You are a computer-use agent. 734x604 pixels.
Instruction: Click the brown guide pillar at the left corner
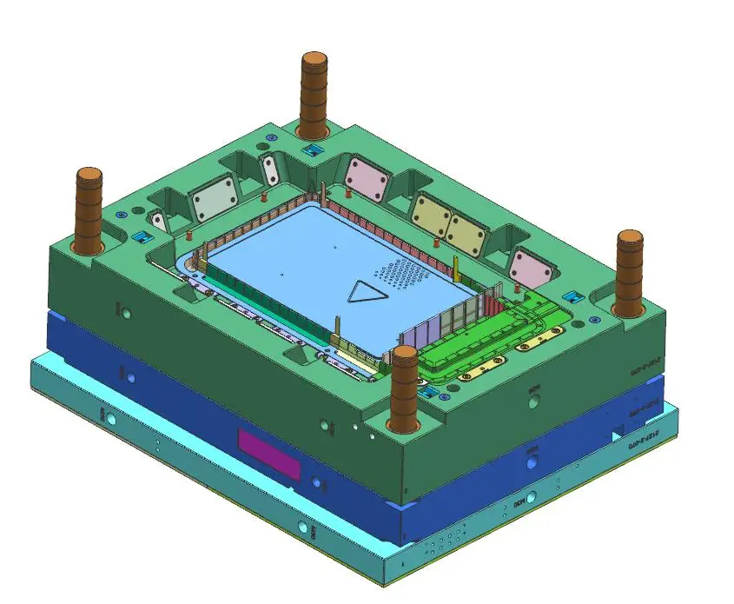pyautogui.click(x=89, y=209)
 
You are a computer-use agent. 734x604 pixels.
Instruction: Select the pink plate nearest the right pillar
pyautogui.click(x=531, y=265)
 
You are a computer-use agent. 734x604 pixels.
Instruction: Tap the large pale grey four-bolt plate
pyautogui.click(x=213, y=200)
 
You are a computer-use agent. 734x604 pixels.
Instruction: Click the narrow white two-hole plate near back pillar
pyautogui.click(x=270, y=168)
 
